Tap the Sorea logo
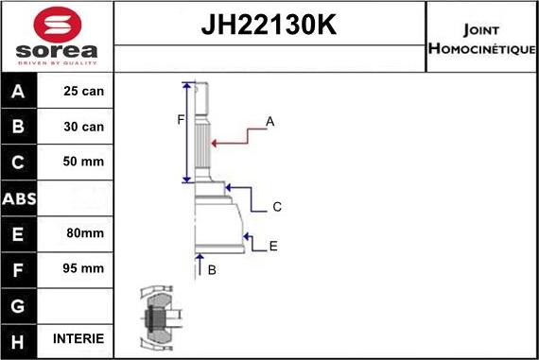pyautogui.click(x=56, y=37)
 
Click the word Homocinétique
pyautogui.click(x=482, y=48)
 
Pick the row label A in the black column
pyautogui.click(x=19, y=93)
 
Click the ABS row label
pyautogui.click(x=19, y=197)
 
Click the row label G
pyautogui.click(x=19, y=304)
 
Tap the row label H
pyautogui.click(x=19, y=339)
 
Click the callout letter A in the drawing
pyautogui.click(x=269, y=122)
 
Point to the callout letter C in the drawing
pyautogui.click(x=276, y=207)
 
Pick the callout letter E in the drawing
pyautogui.click(x=273, y=247)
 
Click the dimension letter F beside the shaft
pyautogui.click(x=180, y=120)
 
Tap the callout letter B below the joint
pyautogui.click(x=212, y=270)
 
